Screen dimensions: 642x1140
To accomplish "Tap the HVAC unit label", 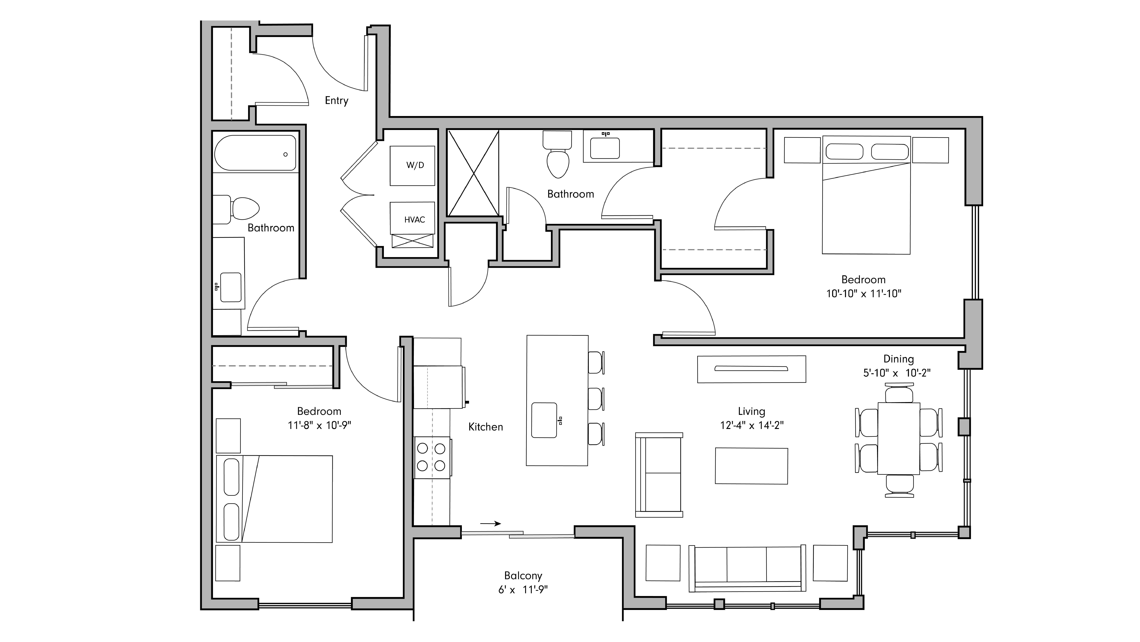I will pyautogui.click(x=414, y=220).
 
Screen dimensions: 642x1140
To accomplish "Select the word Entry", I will pyautogui.click(x=336, y=101).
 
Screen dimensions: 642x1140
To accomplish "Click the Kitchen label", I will pyautogui.click(x=486, y=427).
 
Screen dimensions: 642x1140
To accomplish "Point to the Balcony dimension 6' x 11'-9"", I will pyautogui.click(x=523, y=590).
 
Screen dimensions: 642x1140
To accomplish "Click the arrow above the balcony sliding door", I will pyautogui.click(x=490, y=523).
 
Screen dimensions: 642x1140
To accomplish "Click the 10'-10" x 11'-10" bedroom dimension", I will pyautogui.click(x=863, y=293).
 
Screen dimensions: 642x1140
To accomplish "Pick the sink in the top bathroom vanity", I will pyautogui.click(x=605, y=148).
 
